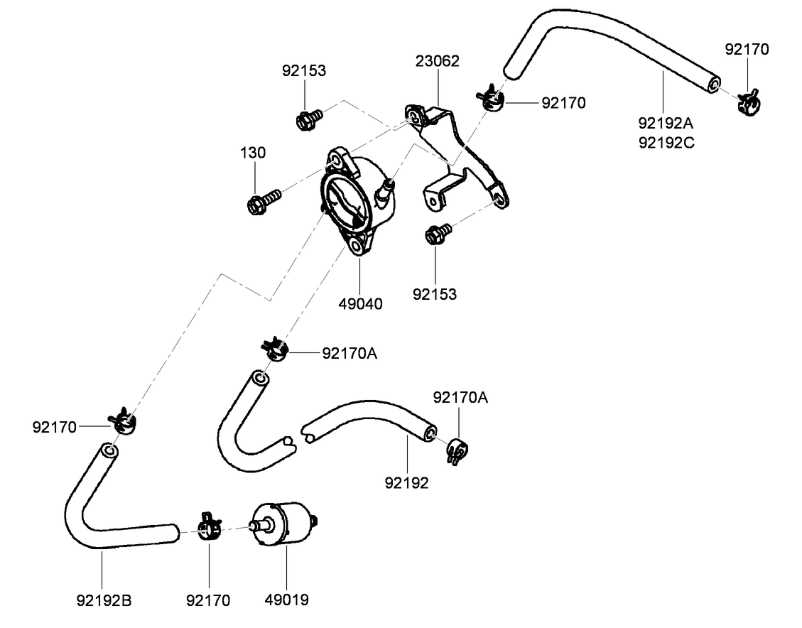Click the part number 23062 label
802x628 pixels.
[437, 61]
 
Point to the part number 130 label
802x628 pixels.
[252, 153]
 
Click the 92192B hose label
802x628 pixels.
[104, 600]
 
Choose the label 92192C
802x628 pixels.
[666, 142]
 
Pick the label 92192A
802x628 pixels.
[666, 123]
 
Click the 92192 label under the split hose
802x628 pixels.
[407, 483]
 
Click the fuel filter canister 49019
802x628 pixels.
[283, 525]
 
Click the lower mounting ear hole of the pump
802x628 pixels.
[355, 249]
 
